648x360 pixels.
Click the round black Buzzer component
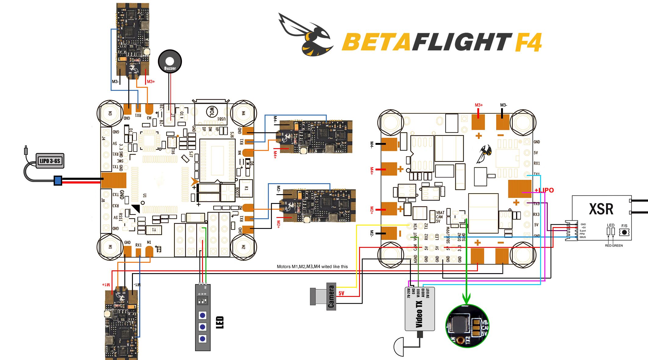coord(170,62)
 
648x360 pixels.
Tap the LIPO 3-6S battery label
coord(50,161)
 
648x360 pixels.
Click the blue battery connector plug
coord(58,180)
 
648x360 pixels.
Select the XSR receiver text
coord(601,209)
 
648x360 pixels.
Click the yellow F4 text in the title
coord(528,42)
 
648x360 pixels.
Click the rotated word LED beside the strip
coord(220,323)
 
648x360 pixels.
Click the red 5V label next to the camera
coord(341,293)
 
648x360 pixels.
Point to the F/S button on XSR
coord(624,232)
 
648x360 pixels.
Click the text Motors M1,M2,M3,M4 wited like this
coord(312,266)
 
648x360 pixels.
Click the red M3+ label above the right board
coord(479,105)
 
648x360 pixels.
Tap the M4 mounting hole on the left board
coord(243,113)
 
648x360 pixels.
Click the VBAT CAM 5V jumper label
coord(440,217)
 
